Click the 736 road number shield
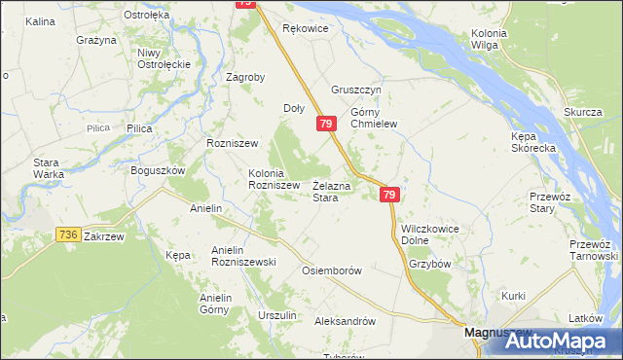click(x=67, y=234)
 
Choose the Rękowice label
click(x=306, y=29)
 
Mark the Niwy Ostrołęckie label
click(x=163, y=57)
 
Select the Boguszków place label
click(x=158, y=170)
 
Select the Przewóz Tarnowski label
click(x=595, y=249)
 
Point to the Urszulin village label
click(x=277, y=315)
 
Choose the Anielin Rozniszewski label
click(x=244, y=256)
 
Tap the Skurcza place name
click(x=582, y=112)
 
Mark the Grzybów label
click(x=430, y=263)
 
